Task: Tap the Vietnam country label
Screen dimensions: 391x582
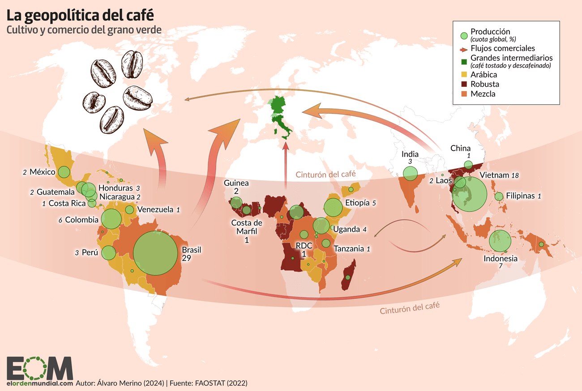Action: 493,175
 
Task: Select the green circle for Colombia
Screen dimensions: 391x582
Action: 111,219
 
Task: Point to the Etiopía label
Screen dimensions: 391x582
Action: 357,203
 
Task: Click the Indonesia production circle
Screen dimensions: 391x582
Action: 500,241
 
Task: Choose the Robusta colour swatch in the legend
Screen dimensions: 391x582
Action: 464,84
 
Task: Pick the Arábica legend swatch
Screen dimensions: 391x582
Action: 464,75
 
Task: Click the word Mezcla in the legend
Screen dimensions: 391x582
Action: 483,93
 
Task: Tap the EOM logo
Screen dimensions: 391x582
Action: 39,368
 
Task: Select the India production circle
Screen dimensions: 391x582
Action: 410,173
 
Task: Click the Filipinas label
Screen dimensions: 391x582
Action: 521,195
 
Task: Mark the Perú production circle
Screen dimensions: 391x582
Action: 108,253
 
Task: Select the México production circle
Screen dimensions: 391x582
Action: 64,172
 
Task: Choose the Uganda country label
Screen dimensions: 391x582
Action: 347,229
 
